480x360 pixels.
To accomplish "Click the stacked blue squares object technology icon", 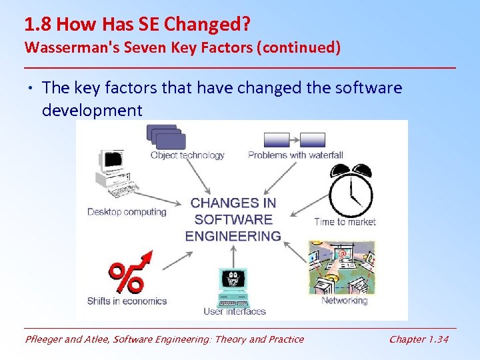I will pyautogui.click(x=166, y=137).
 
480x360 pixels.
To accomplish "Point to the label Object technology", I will pyautogui.click(x=187, y=155).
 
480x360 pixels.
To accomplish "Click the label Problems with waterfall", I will pyautogui.click(x=295, y=155).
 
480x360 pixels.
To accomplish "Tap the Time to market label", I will pyautogui.click(x=345, y=222).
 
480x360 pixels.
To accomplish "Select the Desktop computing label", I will pyautogui.click(x=127, y=212).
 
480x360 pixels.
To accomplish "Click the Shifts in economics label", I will pyautogui.click(x=127, y=301).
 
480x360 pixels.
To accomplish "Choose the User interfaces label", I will pyautogui.click(x=234, y=311).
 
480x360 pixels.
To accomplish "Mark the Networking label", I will pyautogui.click(x=344, y=301).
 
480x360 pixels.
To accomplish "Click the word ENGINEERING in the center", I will pyautogui.click(x=233, y=236).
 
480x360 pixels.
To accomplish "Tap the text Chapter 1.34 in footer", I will pyautogui.click(x=419, y=339).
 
